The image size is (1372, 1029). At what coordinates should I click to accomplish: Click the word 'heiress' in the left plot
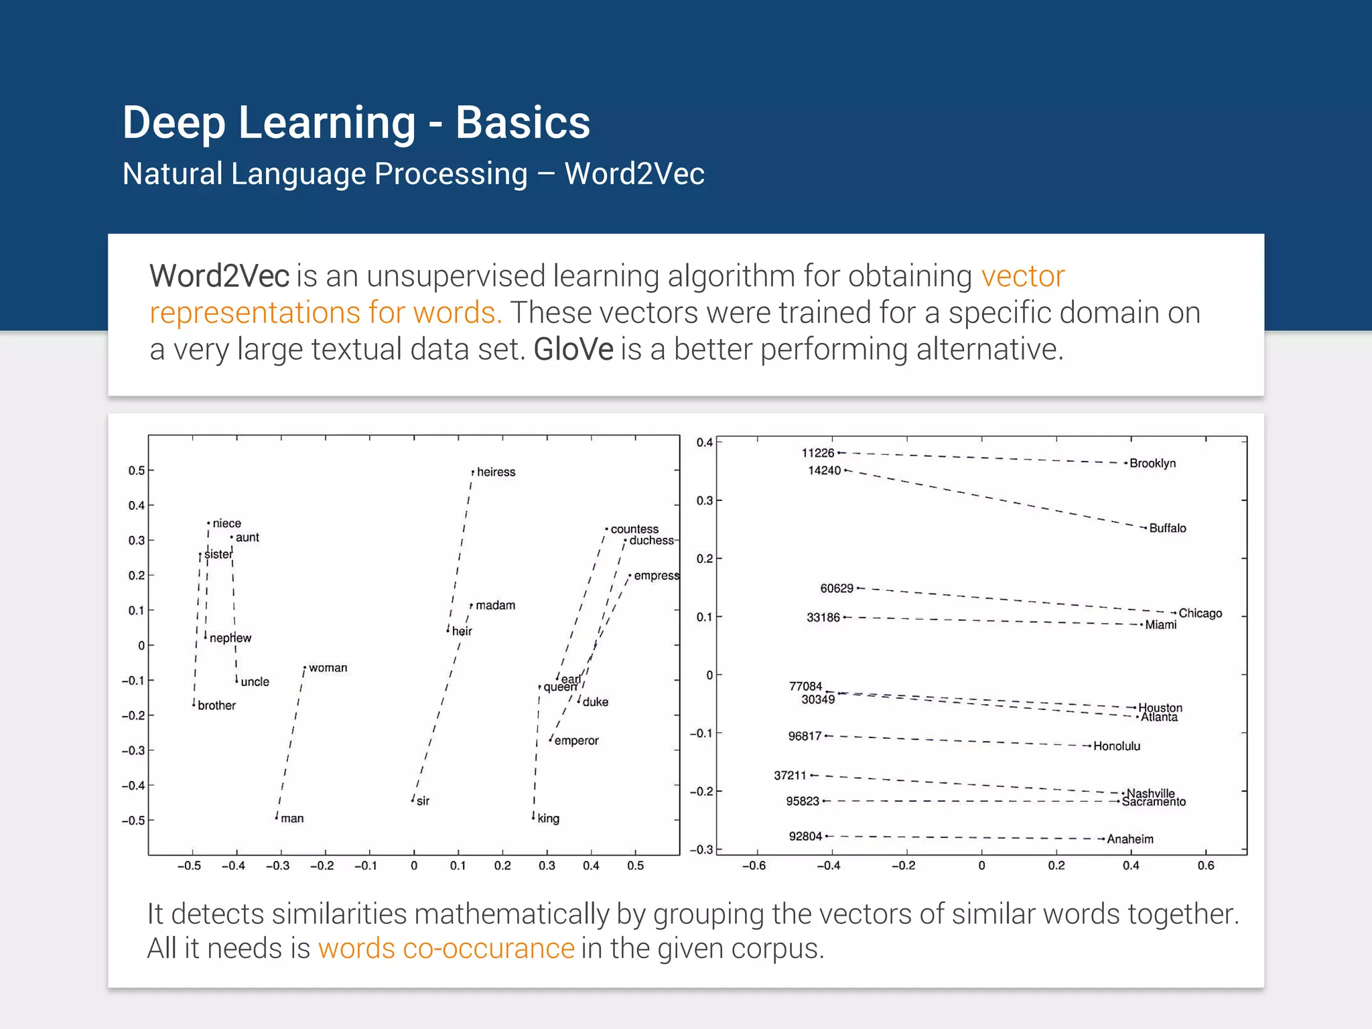(496, 472)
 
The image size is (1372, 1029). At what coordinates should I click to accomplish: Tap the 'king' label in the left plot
(548, 818)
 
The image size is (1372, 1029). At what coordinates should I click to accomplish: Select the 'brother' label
(216, 705)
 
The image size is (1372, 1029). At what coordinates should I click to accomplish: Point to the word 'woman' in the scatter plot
(328, 667)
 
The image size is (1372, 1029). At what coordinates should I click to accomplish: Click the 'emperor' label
(576, 740)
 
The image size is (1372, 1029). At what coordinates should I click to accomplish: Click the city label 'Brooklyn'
(1152, 463)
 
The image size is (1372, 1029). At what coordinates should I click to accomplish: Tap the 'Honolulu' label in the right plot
(1116, 746)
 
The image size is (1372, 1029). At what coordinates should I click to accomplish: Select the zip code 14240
(824, 470)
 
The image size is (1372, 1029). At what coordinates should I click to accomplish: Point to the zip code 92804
(805, 836)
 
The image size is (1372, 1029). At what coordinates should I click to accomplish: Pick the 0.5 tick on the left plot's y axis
(136, 470)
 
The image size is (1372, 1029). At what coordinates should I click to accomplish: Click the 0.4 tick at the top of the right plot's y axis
(704, 442)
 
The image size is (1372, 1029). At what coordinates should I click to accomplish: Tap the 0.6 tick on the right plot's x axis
(1205, 866)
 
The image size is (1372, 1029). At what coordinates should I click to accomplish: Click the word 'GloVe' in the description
(573, 350)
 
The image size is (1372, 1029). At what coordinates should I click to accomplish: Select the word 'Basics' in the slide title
(523, 123)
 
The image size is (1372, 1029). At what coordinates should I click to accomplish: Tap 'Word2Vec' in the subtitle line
(634, 174)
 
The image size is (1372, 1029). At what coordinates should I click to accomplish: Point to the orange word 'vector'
(1022, 276)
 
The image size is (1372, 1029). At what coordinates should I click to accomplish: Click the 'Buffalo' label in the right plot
(1167, 528)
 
